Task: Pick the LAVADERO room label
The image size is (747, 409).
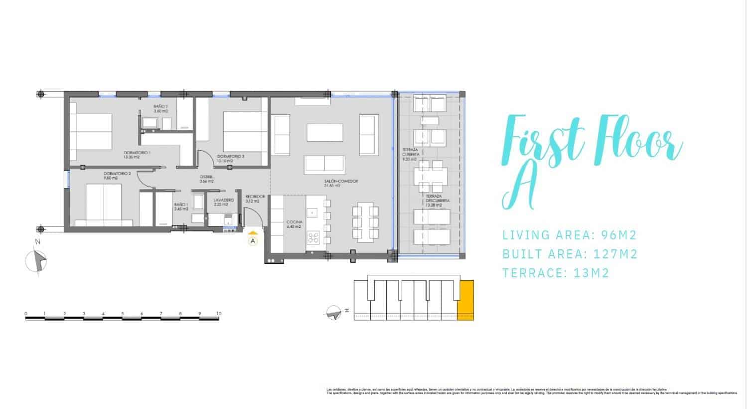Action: pos(221,202)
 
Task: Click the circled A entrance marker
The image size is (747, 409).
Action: pos(253,241)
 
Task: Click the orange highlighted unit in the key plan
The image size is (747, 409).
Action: pos(465,299)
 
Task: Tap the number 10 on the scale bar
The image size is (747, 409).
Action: pos(219,314)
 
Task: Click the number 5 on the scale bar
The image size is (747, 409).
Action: pos(122,314)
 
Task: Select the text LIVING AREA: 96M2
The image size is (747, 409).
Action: pos(569,235)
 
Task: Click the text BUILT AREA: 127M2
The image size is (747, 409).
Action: pos(570,254)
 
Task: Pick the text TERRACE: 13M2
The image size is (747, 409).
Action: pos(556,273)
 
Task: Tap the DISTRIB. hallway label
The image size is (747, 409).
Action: pos(207,179)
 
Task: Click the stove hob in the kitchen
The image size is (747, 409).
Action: pos(313,238)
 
